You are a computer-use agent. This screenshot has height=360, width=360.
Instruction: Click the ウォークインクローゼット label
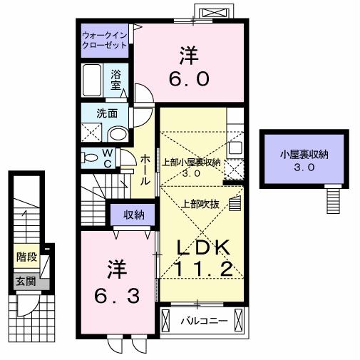tap(104, 38)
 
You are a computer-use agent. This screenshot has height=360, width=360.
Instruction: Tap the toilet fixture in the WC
tap(89, 158)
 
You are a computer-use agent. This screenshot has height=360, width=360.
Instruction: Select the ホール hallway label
tap(145, 170)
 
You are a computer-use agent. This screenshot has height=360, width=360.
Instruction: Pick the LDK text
tap(202, 247)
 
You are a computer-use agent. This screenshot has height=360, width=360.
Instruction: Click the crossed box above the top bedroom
tap(215, 13)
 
